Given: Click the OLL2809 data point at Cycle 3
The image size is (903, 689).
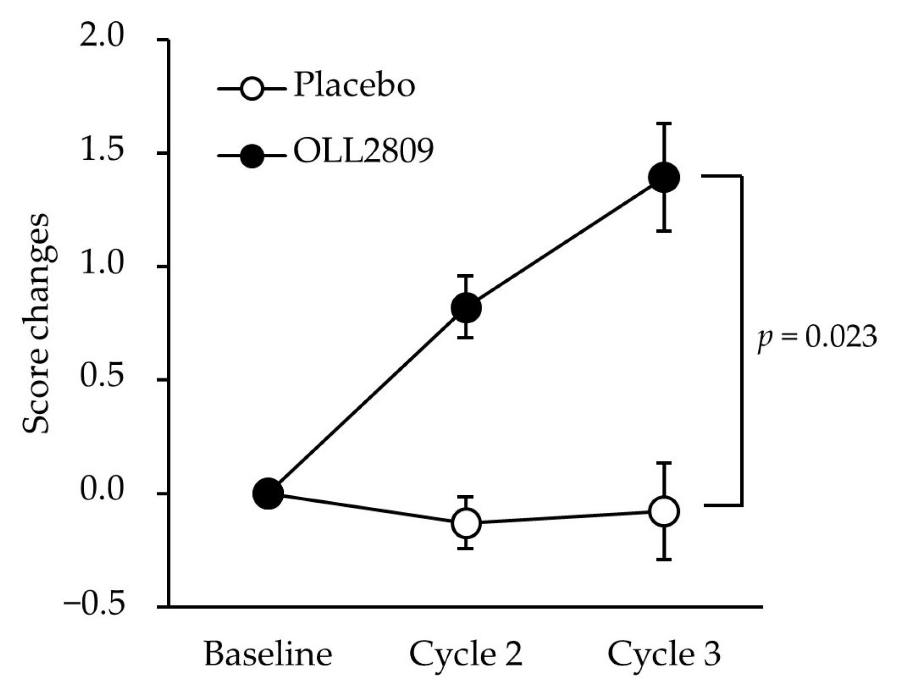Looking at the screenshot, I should pyautogui.click(x=663, y=177).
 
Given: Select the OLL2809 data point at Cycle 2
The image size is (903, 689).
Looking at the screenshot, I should pyautogui.click(x=465, y=307).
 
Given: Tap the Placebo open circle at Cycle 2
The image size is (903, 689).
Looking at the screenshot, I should pyautogui.click(x=465, y=523).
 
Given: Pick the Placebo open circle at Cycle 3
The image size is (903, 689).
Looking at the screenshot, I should pyautogui.click(x=663, y=511).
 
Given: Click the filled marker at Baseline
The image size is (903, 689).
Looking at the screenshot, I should pyautogui.click(x=268, y=493).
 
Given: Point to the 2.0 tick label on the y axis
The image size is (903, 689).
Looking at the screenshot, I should pyautogui.click(x=102, y=38).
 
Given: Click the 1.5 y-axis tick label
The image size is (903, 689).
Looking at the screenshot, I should pyautogui.click(x=102, y=151).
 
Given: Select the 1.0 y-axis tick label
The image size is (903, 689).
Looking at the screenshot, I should pyautogui.click(x=102, y=265).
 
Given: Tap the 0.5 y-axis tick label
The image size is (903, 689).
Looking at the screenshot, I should pyautogui.click(x=102, y=378).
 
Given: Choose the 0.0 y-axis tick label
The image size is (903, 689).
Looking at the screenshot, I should pyautogui.click(x=102, y=492).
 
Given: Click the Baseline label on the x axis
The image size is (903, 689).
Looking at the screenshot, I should pyautogui.click(x=268, y=654).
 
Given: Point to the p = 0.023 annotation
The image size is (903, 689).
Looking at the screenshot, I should pyautogui.click(x=816, y=337).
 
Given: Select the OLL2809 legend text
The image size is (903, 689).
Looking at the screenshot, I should pyautogui.click(x=363, y=151).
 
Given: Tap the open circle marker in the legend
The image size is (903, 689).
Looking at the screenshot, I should pyautogui.click(x=251, y=90).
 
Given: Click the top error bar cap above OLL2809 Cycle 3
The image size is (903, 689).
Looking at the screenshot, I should pyautogui.click(x=663, y=123).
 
